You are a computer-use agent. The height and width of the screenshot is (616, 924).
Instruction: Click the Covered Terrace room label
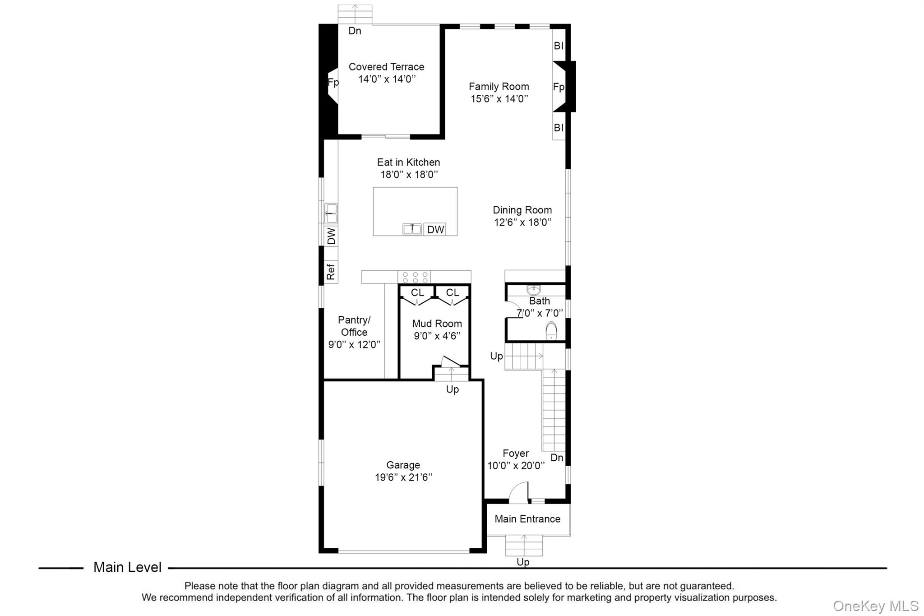point(386,67)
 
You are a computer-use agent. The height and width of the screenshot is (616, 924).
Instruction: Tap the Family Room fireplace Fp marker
point(558,87)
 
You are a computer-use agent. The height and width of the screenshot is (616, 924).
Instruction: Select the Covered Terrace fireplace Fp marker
point(333,83)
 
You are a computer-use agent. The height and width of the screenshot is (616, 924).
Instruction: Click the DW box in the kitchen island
point(435,229)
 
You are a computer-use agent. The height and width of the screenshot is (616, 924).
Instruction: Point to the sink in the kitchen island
point(412,229)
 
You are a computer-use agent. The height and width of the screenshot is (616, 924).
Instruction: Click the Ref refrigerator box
point(331,272)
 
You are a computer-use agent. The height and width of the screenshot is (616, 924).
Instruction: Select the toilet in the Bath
point(551,331)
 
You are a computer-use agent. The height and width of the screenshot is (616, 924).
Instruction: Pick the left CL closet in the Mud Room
point(417,293)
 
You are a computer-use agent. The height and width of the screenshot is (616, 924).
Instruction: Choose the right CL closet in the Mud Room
point(452,293)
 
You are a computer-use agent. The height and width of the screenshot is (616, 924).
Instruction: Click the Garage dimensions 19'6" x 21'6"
point(403,477)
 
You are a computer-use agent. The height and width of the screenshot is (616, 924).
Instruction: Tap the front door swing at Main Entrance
point(519,493)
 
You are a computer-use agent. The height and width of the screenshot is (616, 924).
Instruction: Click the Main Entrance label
point(527,519)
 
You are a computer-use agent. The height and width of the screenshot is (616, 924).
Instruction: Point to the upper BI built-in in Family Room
point(559,46)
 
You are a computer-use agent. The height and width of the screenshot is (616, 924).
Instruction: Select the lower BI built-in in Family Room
point(559,128)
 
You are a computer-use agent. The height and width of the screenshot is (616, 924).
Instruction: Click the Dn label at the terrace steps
point(355,31)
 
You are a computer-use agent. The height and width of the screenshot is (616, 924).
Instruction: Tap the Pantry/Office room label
point(354,326)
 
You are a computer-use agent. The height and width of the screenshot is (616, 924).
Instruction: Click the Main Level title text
point(127,567)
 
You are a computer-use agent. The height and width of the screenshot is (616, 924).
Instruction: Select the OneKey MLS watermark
point(875,606)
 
